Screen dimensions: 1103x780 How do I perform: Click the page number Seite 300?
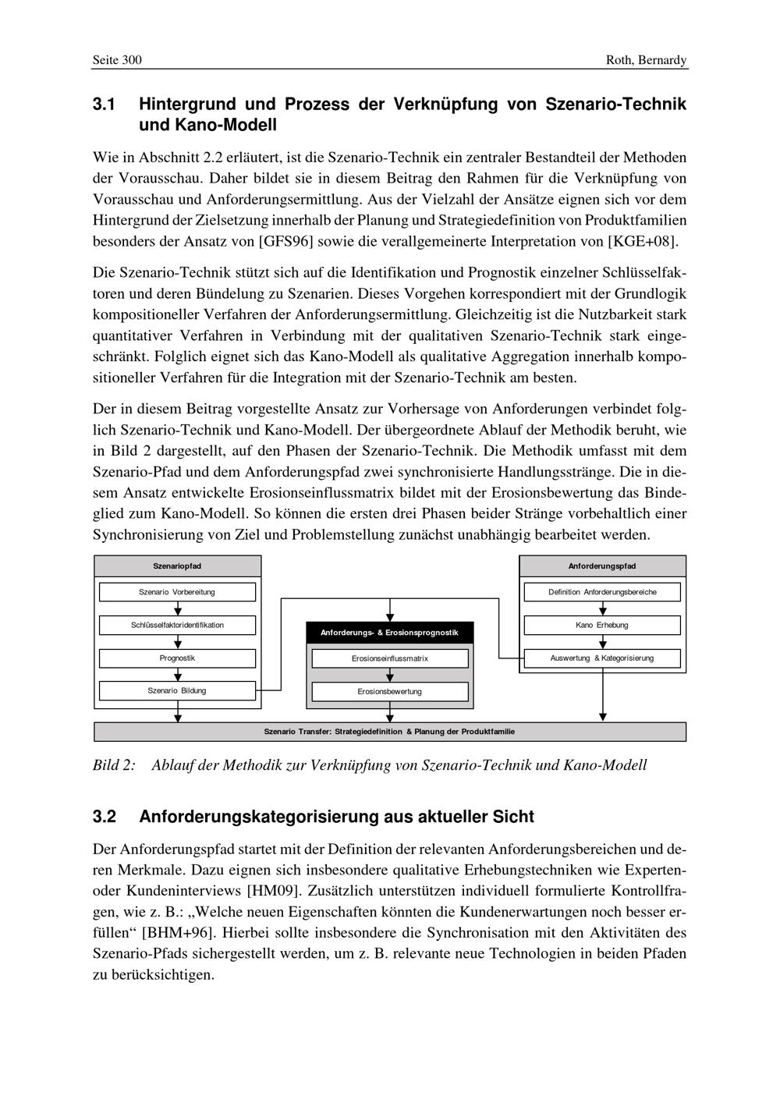[117, 60]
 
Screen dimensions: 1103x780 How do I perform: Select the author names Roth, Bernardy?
[647, 60]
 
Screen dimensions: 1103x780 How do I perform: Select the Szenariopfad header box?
[177, 566]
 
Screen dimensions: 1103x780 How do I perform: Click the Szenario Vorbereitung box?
[177, 592]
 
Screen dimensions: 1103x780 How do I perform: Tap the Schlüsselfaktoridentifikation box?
[177, 625]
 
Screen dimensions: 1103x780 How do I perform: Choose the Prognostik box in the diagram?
[177, 658]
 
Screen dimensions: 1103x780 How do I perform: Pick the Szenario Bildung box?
[177, 691]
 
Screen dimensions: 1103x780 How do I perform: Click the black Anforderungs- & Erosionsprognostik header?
[389, 633]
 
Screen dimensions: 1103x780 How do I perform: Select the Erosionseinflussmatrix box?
[389, 659]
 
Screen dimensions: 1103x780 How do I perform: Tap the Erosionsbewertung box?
[389, 692]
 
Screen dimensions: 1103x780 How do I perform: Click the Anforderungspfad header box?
[602, 566]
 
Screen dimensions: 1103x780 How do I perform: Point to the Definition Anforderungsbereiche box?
[602, 592]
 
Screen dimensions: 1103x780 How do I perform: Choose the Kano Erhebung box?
[602, 625]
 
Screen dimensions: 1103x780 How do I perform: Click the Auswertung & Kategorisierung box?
[602, 658]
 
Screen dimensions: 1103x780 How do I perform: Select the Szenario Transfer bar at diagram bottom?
[389, 732]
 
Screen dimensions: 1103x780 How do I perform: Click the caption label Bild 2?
[114, 765]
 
